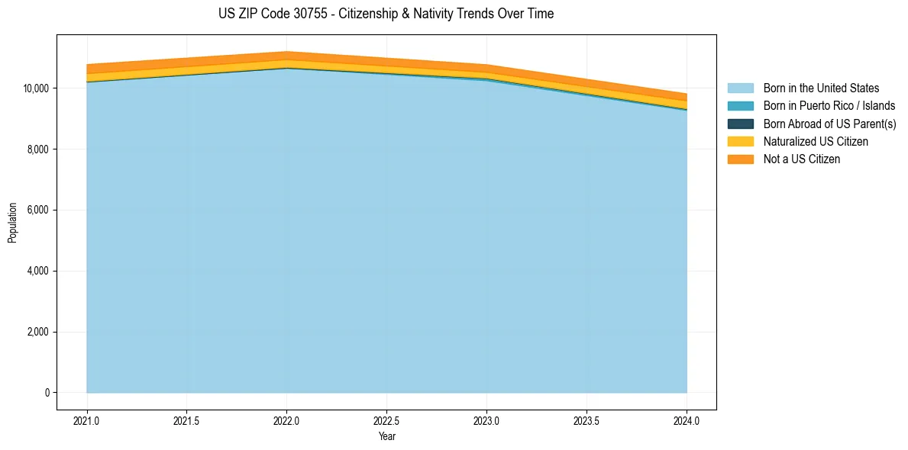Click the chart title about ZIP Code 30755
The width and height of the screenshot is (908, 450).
(x=386, y=14)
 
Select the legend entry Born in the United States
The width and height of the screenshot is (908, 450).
(x=821, y=88)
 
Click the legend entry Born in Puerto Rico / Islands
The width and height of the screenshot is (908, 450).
(x=829, y=106)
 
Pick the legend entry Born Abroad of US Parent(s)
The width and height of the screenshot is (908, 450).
(x=829, y=124)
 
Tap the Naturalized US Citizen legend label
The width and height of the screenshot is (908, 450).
(x=816, y=141)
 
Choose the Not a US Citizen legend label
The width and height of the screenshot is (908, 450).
(x=802, y=159)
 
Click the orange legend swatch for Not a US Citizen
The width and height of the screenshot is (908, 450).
(x=740, y=159)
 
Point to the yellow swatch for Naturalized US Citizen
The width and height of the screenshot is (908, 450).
(x=740, y=141)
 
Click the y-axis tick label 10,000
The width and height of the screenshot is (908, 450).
(x=36, y=88)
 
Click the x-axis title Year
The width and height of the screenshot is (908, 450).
(x=387, y=436)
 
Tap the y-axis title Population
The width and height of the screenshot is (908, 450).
(x=12, y=223)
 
